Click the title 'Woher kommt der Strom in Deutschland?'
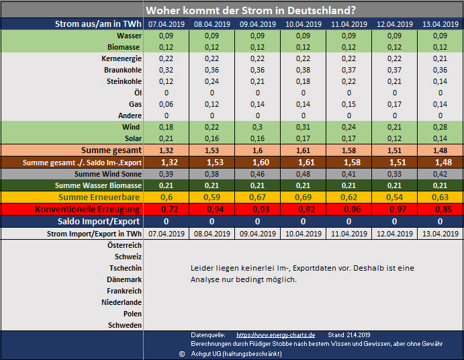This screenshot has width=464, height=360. (x=250, y=10)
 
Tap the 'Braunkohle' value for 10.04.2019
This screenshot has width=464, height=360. (x=303, y=70)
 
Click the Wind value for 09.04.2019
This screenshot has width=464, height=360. (x=257, y=127)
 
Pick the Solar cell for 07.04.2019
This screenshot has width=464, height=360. (x=166, y=138)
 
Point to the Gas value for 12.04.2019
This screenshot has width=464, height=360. (x=394, y=104)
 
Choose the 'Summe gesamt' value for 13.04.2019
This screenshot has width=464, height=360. (x=440, y=150)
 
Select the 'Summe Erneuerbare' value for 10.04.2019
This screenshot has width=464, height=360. (x=303, y=197)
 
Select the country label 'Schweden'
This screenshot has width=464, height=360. (x=124, y=325)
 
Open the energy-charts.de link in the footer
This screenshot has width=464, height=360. (x=276, y=334)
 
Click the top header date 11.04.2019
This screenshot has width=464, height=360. (x=349, y=24)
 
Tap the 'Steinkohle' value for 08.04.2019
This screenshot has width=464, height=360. (x=212, y=81)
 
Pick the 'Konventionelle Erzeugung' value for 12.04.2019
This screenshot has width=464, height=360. (x=394, y=209)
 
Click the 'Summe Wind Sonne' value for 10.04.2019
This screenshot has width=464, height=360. (x=303, y=174)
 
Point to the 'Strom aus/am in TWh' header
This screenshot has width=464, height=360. (x=99, y=24)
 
